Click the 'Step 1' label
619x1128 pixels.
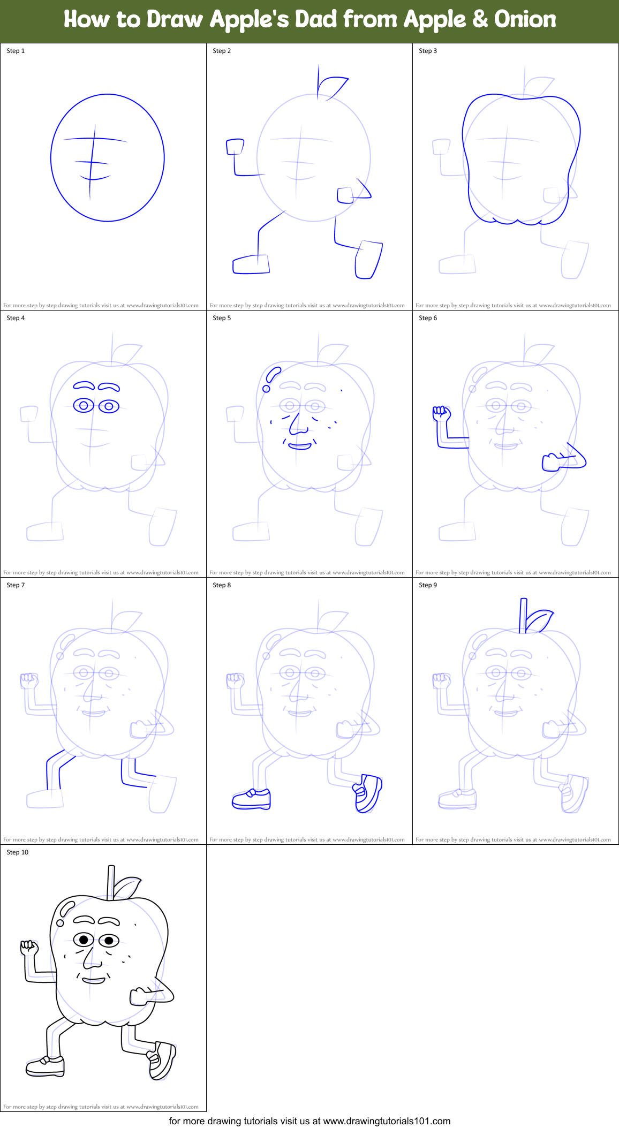point(16,51)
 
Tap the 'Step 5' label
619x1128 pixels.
point(222,318)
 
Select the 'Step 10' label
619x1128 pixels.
point(18,852)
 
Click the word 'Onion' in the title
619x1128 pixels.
point(525,19)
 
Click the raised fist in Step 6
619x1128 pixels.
point(441,413)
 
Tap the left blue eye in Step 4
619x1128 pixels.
point(84,406)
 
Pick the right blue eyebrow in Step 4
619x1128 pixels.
point(109,386)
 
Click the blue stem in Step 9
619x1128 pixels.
point(523,615)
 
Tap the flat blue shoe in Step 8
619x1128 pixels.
point(251,799)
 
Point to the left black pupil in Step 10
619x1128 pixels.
point(84,940)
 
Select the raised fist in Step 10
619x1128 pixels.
point(29,948)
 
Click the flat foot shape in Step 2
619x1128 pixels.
point(251,264)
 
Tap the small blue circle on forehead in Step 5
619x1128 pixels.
point(266,388)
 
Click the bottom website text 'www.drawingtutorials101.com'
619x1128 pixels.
point(387,1121)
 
